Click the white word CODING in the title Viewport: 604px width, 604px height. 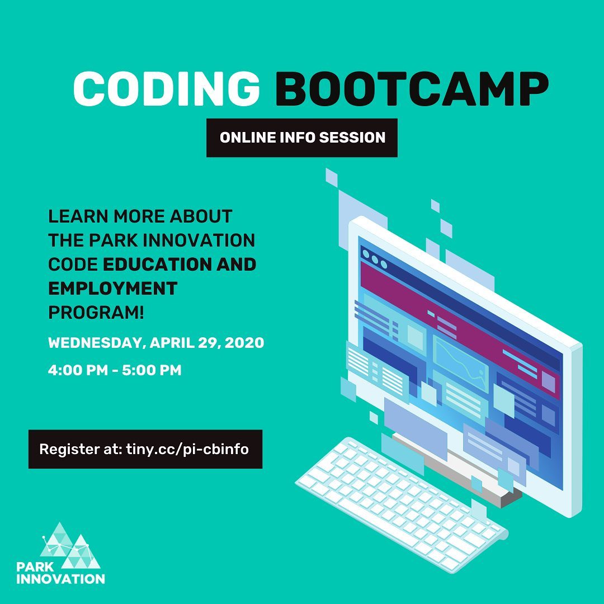coord(166,88)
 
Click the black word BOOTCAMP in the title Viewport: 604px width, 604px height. coord(412,88)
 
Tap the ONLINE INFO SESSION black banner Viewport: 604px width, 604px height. coord(302,138)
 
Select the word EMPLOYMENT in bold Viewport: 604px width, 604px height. coord(113,288)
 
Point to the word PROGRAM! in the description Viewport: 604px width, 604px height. coord(96,313)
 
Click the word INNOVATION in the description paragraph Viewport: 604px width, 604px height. coord(199,240)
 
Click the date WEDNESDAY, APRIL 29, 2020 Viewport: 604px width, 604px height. coord(156,342)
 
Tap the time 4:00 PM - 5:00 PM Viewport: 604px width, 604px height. coord(115,370)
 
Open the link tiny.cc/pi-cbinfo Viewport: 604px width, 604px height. coord(187,449)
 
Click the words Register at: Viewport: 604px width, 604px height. coord(81,449)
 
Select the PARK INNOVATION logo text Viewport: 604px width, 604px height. coord(60,573)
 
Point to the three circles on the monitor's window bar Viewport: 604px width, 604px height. coord(375,259)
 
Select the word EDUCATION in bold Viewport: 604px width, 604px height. coord(158,264)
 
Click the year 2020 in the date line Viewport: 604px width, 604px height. coord(244,342)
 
